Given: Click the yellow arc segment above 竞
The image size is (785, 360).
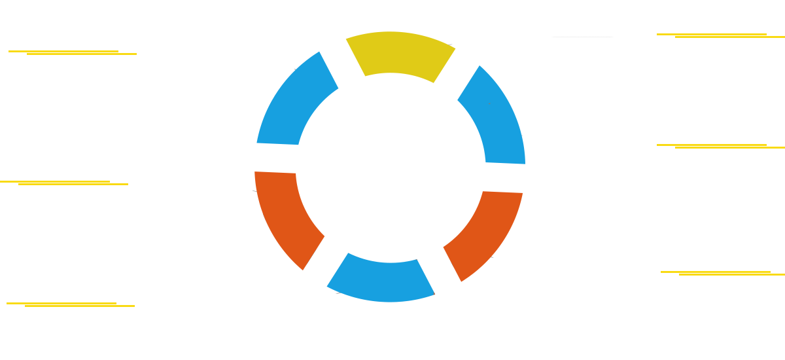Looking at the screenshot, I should (x=400, y=55).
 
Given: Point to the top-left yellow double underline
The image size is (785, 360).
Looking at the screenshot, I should (x=73, y=52).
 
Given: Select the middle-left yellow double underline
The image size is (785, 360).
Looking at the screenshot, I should (x=64, y=183).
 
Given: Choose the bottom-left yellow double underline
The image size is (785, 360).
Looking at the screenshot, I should (x=71, y=304).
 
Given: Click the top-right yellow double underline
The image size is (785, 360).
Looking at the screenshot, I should (x=720, y=35).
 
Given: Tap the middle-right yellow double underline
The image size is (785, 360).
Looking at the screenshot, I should (x=720, y=146).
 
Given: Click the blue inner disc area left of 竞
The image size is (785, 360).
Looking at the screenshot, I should (x=334, y=131).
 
